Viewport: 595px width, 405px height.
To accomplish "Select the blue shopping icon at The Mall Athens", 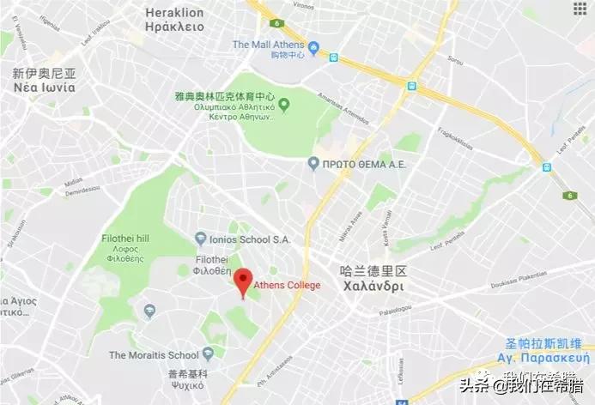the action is pos(313,46).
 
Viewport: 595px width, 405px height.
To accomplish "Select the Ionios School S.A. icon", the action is pos(201,238).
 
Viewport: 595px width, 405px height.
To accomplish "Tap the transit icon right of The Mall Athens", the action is pos(333,57).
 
